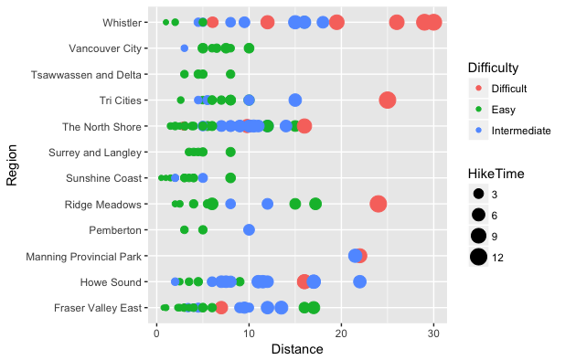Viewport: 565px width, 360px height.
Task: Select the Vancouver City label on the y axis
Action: point(105,48)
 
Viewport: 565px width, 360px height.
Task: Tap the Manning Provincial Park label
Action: point(87,256)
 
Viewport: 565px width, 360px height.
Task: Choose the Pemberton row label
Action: point(115,230)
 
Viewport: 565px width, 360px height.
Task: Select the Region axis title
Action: point(13,164)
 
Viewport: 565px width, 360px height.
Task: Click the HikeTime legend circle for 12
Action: point(478,258)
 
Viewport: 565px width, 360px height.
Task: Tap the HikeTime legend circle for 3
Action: point(478,195)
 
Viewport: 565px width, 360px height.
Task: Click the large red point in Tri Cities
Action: point(388,100)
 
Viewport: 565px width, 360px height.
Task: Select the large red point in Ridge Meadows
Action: point(378,204)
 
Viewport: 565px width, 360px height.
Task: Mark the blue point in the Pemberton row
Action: point(249,229)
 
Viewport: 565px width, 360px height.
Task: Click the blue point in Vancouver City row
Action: point(185,48)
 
